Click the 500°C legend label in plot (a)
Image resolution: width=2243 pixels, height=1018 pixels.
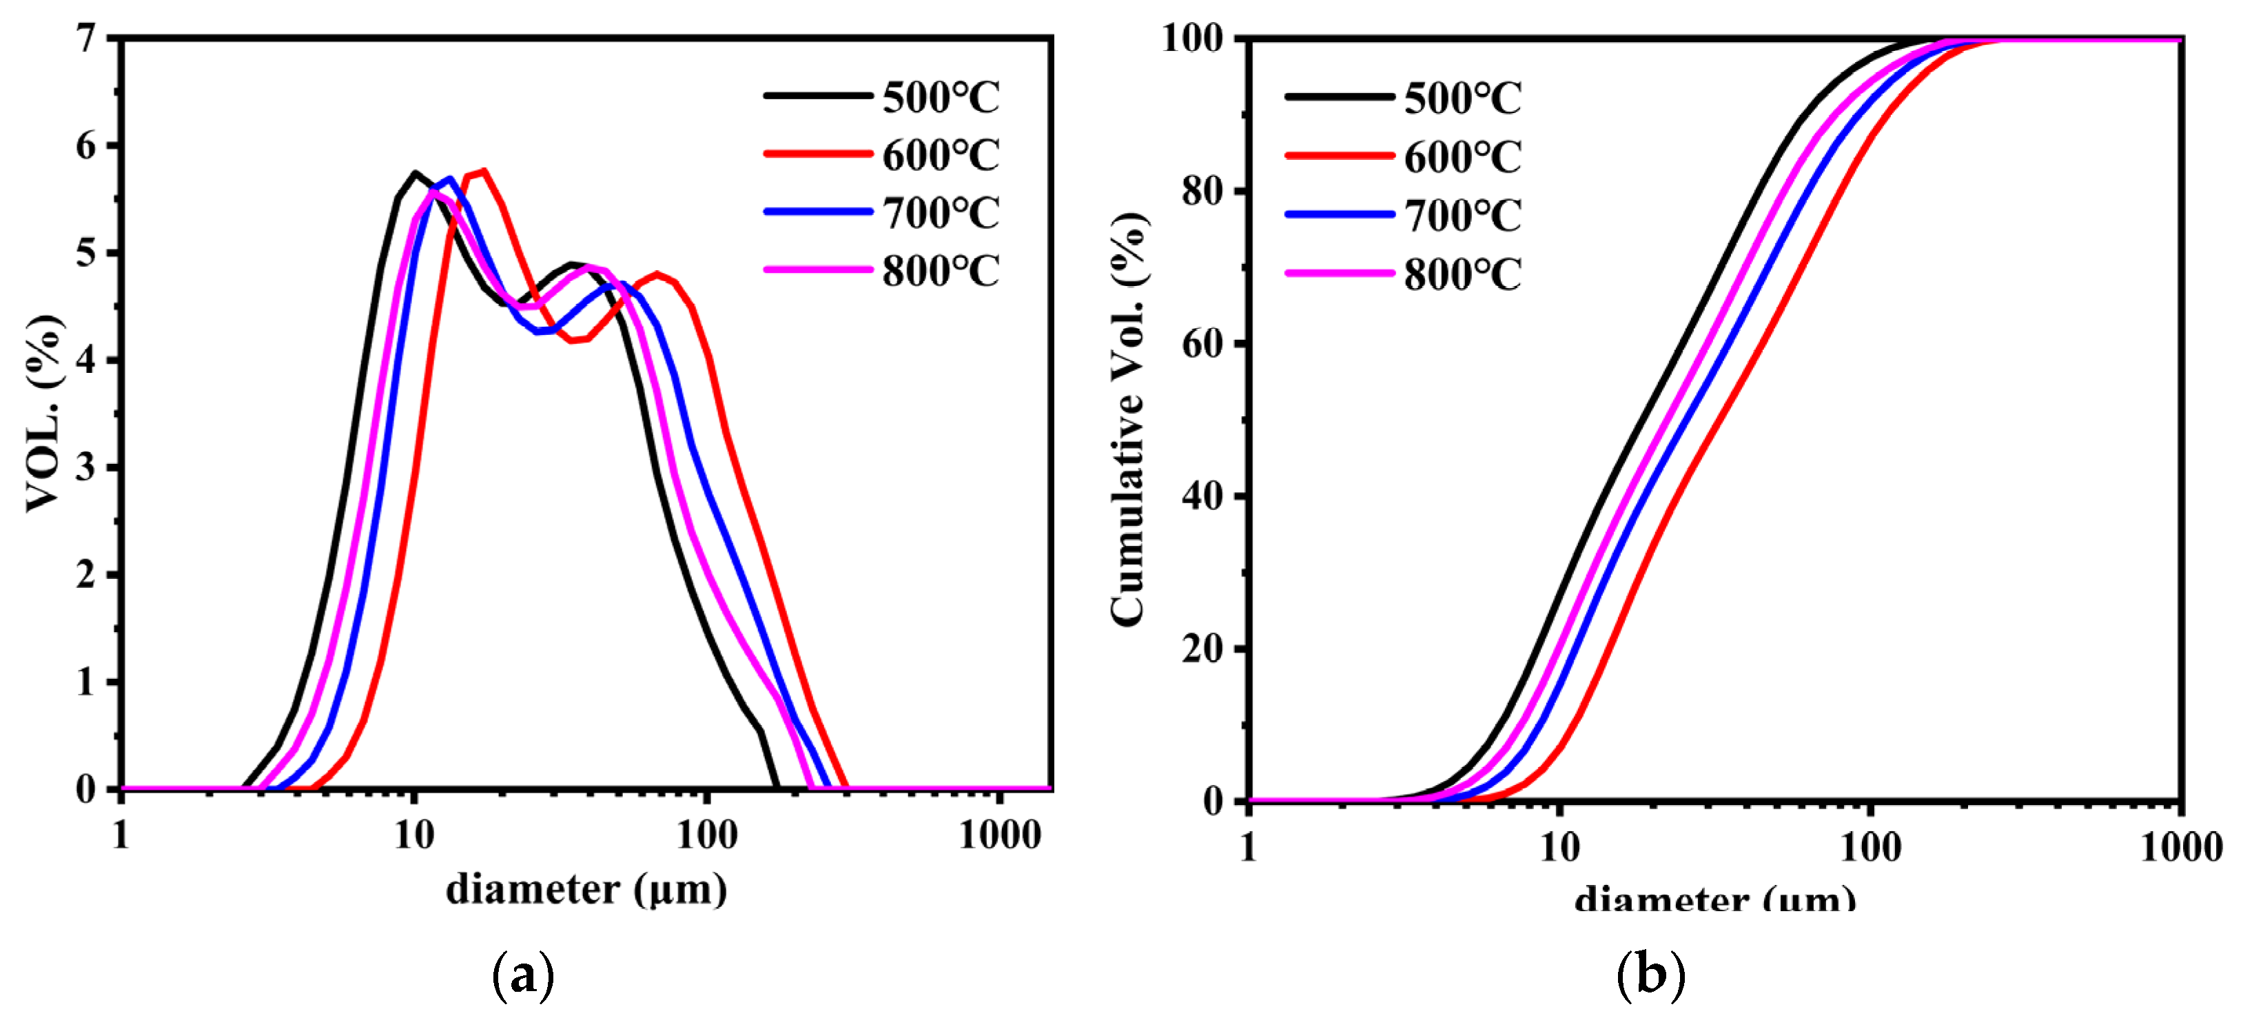941,96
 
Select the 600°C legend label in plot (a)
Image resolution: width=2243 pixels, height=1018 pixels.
941,155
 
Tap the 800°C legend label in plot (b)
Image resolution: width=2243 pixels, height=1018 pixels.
1462,274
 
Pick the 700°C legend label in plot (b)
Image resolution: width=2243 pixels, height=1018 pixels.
1462,215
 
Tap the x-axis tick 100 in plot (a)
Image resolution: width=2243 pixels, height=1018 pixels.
706,836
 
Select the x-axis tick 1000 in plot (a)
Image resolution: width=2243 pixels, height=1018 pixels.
1000,836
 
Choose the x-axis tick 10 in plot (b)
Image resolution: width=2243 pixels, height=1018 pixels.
1559,847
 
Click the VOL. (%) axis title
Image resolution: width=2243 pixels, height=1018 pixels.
43,414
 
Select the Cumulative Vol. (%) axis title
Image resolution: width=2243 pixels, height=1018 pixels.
1129,418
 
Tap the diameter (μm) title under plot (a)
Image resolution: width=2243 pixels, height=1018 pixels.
586,890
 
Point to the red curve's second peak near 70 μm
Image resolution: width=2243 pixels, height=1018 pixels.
658,274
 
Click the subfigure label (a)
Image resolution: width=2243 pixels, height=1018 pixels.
522,976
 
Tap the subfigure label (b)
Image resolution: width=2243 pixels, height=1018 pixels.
1650,975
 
